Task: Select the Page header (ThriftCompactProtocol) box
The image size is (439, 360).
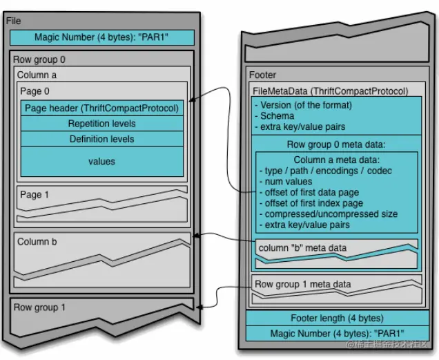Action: click(x=101, y=108)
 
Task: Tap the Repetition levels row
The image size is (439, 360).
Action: click(x=101, y=124)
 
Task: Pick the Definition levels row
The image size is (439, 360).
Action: click(x=101, y=139)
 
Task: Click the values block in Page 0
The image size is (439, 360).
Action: click(x=101, y=162)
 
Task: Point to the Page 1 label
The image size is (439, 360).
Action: click(x=35, y=195)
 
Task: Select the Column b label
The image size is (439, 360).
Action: click(x=33, y=242)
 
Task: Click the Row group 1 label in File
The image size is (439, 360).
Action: click(x=39, y=307)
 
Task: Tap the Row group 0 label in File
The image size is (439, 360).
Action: click(x=39, y=60)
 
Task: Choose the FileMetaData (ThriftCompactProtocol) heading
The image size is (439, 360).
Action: click(x=331, y=91)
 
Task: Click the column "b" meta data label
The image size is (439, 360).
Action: click(x=302, y=247)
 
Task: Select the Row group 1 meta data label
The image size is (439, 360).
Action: click(x=302, y=284)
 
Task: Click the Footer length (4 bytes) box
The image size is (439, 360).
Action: click(x=335, y=318)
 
